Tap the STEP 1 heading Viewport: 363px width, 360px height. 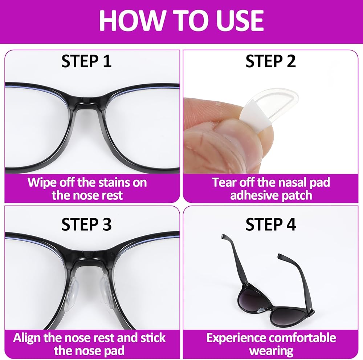(x=87, y=61)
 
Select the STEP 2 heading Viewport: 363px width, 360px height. (x=271, y=61)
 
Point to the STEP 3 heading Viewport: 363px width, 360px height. (x=87, y=224)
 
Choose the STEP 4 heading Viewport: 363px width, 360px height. (x=271, y=224)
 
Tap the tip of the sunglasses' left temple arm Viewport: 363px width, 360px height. (x=223, y=236)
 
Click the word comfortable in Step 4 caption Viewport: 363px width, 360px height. (x=305, y=338)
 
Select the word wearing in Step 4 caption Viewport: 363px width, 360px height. (x=271, y=351)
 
